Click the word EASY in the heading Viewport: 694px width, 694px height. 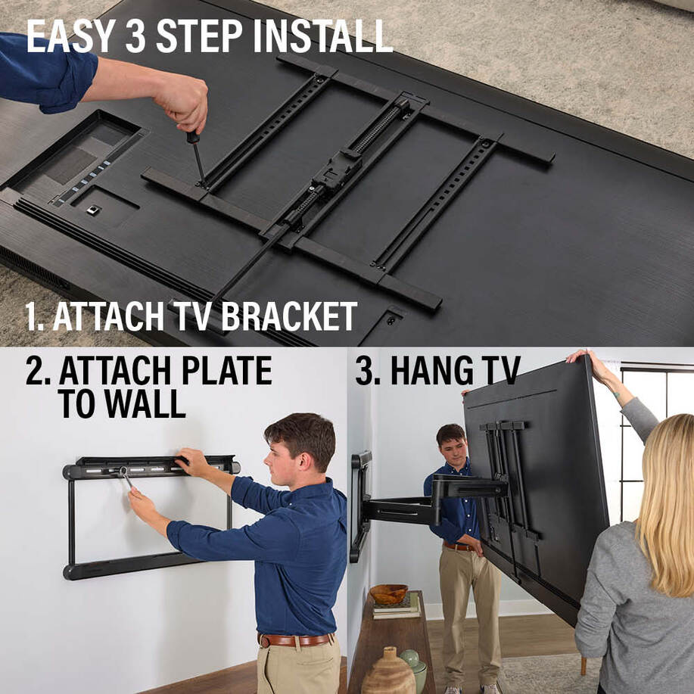(x=71, y=36)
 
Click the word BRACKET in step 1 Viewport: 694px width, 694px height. (x=289, y=316)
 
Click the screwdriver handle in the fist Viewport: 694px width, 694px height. (x=192, y=137)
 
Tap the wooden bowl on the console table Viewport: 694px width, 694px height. (x=388, y=594)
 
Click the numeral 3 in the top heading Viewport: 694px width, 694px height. (x=135, y=36)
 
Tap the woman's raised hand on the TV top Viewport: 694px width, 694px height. (x=582, y=356)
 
